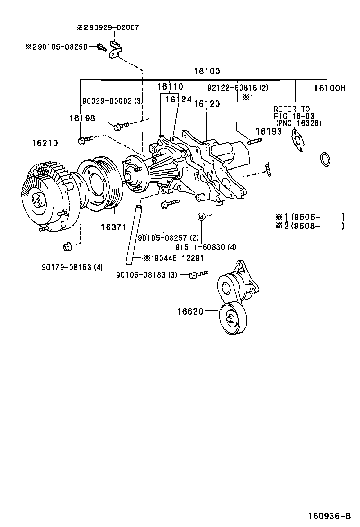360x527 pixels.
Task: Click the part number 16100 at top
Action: tap(207, 72)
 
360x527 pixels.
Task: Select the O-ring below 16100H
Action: tap(324, 159)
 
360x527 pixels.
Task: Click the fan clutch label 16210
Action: tap(45, 142)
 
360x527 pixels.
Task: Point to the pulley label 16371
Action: tap(113, 227)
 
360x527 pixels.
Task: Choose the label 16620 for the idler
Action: tap(190, 311)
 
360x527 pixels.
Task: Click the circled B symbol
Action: tap(201, 217)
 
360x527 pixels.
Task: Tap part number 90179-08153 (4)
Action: tap(72, 267)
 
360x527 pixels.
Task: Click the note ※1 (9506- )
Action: tap(309, 217)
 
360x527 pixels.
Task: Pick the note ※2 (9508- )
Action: tap(309, 226)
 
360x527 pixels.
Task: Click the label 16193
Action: tap(268, 131)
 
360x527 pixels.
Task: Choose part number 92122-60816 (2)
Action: tap(238, 88)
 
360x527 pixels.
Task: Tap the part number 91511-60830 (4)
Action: tap(206, 247)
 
